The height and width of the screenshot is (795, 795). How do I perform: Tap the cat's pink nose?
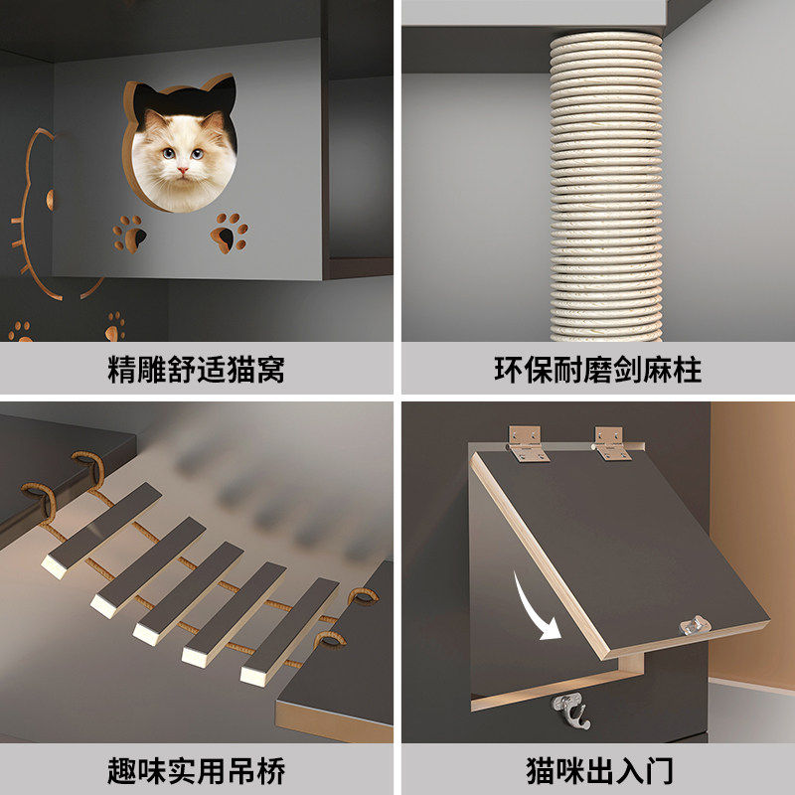point(182,170)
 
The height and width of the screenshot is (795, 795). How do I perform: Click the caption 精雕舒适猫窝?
point(196,371)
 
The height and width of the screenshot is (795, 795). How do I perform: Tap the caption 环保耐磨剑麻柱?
point(597,371)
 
